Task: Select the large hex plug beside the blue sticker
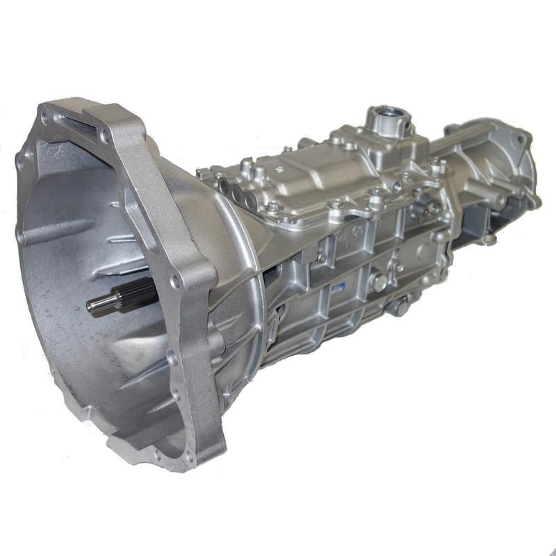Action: click(x=379, y=281)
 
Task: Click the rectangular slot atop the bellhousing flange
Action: click(x=70, y=123)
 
